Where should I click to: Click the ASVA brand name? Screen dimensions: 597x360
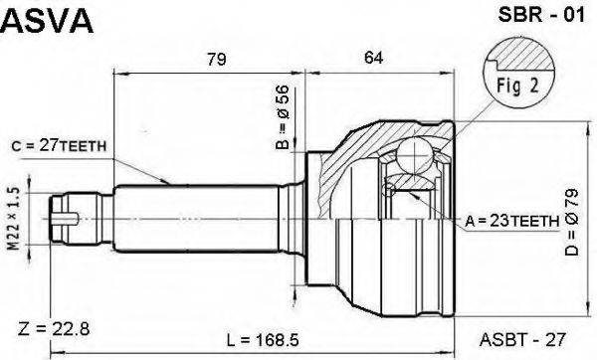click(47, 21)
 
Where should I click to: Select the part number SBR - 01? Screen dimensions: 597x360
click(541, 15)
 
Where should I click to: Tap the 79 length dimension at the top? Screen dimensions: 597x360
click(216, 59)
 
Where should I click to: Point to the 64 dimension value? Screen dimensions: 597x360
click(373, 58)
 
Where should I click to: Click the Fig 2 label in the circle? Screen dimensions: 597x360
click(517, 86)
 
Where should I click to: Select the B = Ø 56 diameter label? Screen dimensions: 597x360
click(283, 116)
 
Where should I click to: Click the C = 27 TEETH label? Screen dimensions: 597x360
click(59, 146)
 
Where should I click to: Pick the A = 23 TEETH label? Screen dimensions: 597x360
click(512, 221)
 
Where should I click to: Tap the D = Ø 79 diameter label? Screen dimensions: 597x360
click(572, 222)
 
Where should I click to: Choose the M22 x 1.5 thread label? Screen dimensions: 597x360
click(14, 219)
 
